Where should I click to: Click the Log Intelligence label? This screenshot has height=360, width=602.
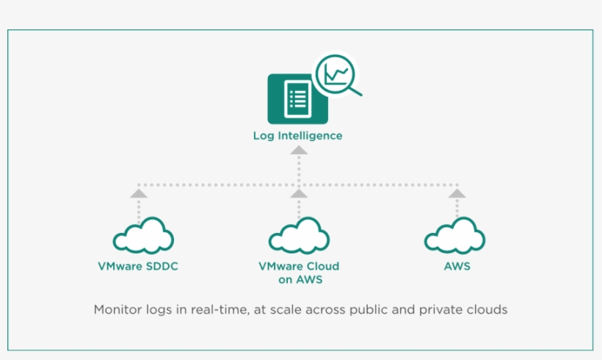297,136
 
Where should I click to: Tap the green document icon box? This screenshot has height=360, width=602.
297,98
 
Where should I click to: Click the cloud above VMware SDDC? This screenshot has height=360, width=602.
143,237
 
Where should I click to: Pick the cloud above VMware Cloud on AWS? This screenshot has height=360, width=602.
298,237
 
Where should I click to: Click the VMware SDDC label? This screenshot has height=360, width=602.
138,266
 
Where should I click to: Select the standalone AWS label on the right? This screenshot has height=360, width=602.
457,266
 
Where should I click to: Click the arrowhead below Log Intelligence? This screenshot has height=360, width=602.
298,150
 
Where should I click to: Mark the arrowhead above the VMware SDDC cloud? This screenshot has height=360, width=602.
138,193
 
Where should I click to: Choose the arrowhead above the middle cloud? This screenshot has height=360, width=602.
298,193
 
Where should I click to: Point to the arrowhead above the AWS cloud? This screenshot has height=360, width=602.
457,193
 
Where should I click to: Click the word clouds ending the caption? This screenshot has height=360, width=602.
487,309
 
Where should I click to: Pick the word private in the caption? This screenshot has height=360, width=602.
443,309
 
